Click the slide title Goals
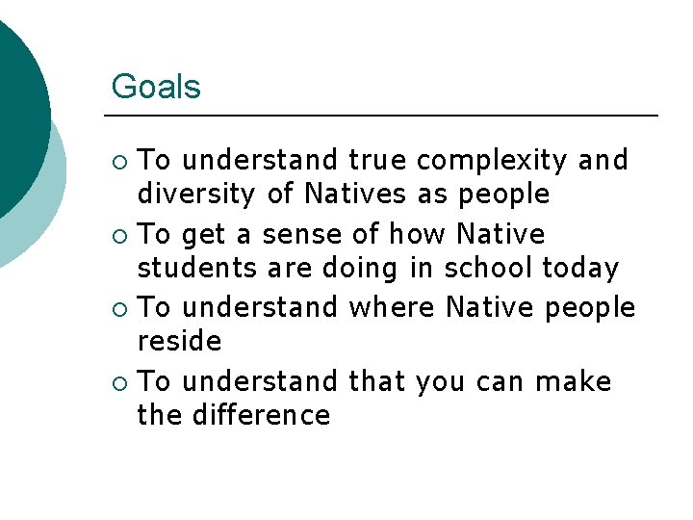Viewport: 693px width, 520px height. tap(156, 87)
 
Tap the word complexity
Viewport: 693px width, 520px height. tap(493, 161)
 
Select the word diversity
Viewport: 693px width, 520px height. tap(197, 195)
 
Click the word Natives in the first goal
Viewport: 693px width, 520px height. tap(355, 195)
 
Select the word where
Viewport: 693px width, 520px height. tap(392, 307)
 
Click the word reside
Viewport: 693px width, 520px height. tap(179, 342)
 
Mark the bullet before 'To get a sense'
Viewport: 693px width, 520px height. tap(118, 235)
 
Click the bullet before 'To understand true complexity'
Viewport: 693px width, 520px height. tap(118, 161)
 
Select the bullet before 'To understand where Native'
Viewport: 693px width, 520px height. tap(118, 308)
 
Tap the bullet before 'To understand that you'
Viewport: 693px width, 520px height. tap(118, 382)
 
